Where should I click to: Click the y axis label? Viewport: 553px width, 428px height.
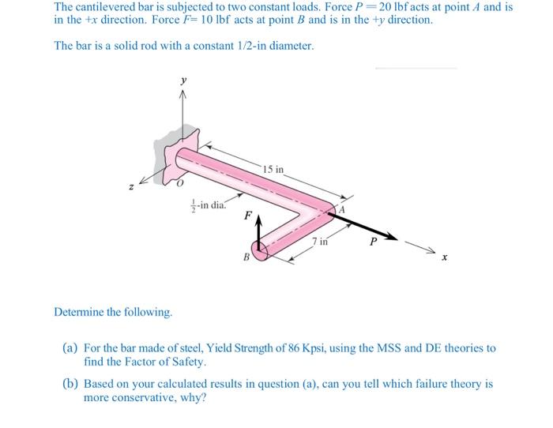click(184, 81)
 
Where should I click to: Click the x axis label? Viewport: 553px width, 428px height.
click(444, 257)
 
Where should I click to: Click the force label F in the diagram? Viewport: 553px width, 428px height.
click(248, 214)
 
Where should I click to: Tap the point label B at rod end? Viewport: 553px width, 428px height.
click(246, 257)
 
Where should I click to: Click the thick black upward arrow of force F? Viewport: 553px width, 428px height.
click(256, 232)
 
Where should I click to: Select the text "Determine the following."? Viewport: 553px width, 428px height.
click(113, 312)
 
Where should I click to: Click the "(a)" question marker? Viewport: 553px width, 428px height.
click(70, 347)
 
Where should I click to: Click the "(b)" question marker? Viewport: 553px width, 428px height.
click(70, 384)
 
